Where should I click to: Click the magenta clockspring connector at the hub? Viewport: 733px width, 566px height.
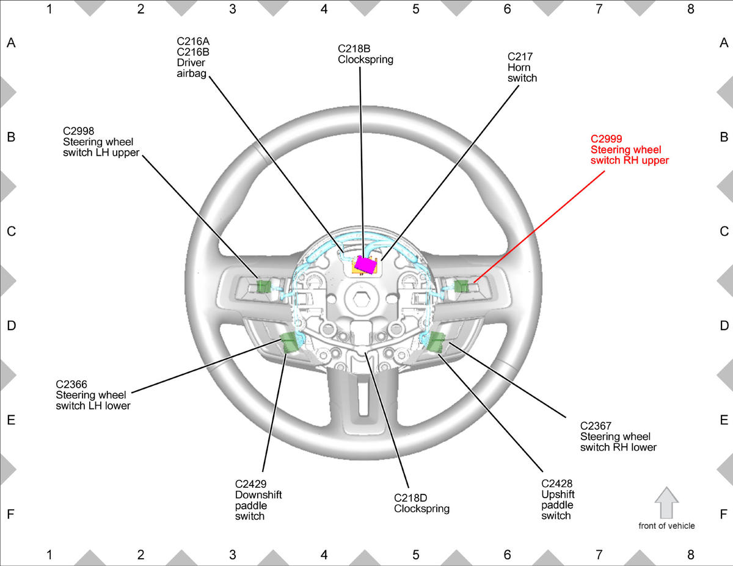(364, 264)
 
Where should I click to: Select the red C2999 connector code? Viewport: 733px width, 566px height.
(606, 139)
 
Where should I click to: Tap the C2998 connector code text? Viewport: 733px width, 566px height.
(79, 131)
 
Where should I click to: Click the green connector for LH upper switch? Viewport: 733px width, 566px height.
(263, 286)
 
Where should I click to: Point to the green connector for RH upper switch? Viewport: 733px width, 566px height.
(461, 286)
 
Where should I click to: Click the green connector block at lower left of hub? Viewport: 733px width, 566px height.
(289, 342)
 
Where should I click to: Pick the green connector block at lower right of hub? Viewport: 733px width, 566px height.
(436, 342)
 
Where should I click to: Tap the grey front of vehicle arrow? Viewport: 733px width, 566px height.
(666, 503)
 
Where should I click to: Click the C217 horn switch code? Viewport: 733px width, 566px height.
(520, 57)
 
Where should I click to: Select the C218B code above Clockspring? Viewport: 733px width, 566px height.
(354, 49)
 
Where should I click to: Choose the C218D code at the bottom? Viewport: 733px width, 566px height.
(410, 498)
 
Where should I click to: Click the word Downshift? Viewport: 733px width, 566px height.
(258, 495)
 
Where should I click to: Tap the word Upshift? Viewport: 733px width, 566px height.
(558, 495)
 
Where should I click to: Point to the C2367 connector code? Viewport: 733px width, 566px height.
(596, 426)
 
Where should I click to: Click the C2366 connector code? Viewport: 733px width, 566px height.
(71, 384)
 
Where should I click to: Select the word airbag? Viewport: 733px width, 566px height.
(192, 73)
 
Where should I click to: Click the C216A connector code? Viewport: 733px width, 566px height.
(193, 41)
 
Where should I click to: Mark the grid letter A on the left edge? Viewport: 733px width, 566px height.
(11, 43)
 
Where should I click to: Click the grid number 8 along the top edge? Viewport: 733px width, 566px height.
(690, 9)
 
